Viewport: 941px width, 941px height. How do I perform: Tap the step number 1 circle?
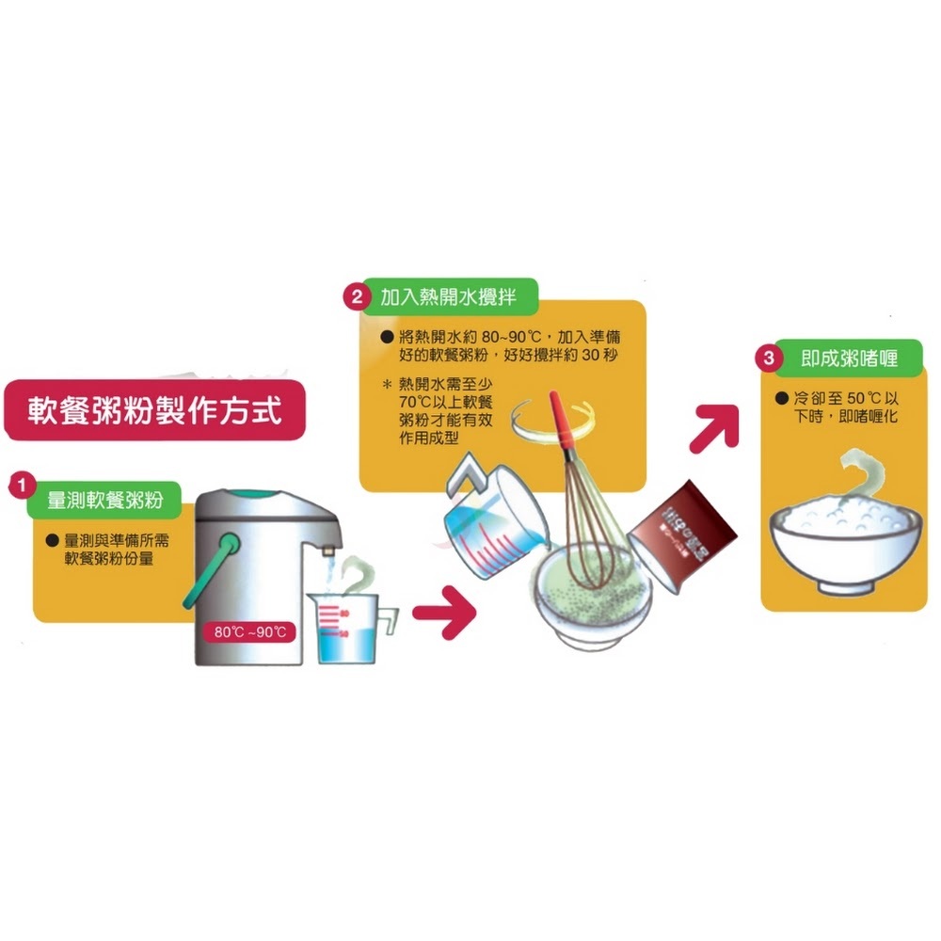click(x=18, y=486)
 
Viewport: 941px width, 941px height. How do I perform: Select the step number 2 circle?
click(x=356, y=298)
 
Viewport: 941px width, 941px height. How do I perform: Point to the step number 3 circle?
click(x=770, y=359)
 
